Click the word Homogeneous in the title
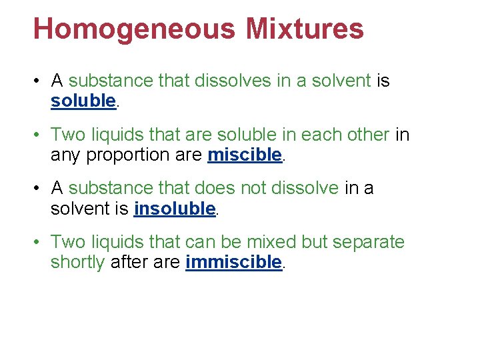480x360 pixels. coord(133,30)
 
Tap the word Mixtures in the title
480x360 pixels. coord(305,30)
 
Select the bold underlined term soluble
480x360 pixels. coord(83,101)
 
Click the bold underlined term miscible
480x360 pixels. coord(245,155)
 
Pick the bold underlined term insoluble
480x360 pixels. coord(175,209)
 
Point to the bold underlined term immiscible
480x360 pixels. coord(234,262)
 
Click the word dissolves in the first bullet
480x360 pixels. coord(228,81)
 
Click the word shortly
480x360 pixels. coord(77,262)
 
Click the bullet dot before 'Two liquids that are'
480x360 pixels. coord(41,135)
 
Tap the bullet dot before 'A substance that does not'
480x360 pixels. coord(41,189)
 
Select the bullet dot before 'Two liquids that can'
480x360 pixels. coord(41,242)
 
